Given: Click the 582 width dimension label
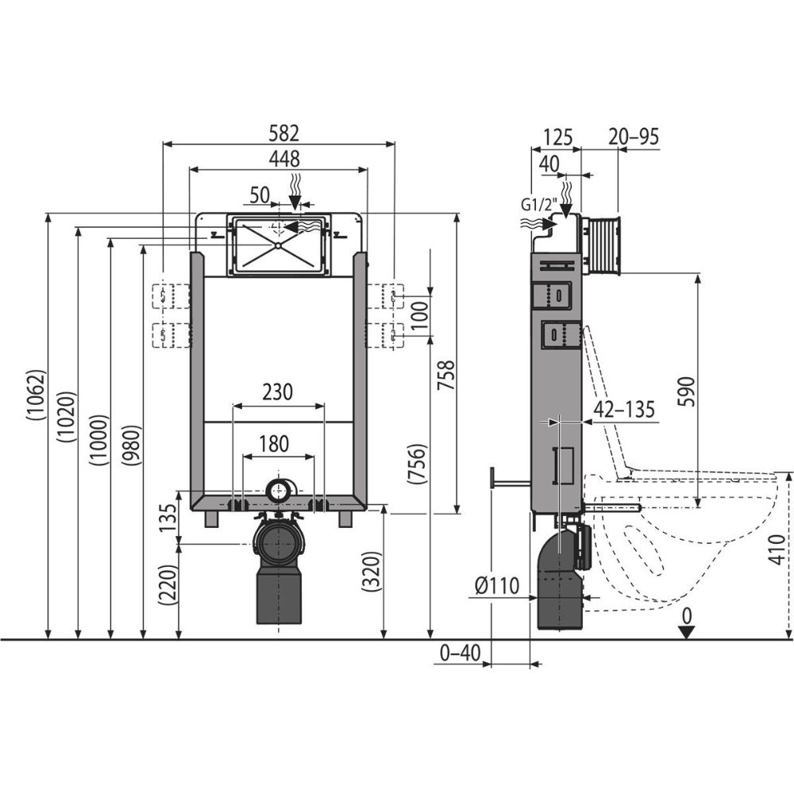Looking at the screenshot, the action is tap(283, 133).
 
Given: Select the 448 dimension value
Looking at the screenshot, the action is tap(284, 159).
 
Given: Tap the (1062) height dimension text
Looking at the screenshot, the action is tap(37, 395).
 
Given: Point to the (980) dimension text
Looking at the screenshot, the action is tap(132, 444).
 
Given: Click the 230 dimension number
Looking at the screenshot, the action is tap(278, 392).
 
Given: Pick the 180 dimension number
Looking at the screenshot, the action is tap(274, 444).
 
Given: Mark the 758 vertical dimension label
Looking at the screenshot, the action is tap(446, 376).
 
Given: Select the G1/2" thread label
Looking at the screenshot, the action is tap(539, 206).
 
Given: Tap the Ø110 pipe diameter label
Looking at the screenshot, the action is tap(497, 586).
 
